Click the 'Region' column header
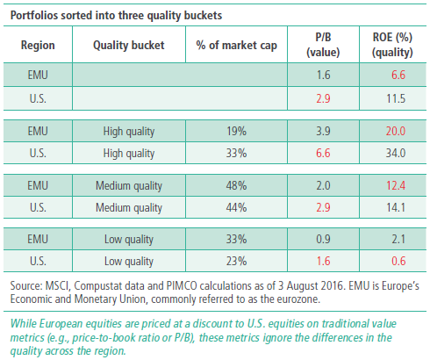[38, 46]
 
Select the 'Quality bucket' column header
[129, 46]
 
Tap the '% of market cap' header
[236, 46]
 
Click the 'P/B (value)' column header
[323, 45]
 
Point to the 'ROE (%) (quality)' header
[392, 45]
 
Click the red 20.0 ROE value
[396, 131]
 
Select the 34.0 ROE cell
[396, 153]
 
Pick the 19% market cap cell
[236, 131]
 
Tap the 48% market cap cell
[236, 185]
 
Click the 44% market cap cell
[236, 207]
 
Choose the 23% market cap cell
[236, 261]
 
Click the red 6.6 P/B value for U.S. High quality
[323, 153]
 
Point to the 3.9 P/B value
[323, 131]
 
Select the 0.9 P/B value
[323, 239]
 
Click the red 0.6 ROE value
[398, 261]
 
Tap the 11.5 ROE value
[396, 98]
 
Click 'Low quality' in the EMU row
[129, 240]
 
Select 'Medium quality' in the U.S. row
[129, 208]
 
